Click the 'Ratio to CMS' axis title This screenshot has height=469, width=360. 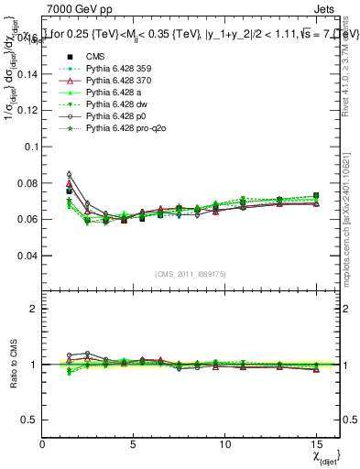(12, 364)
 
